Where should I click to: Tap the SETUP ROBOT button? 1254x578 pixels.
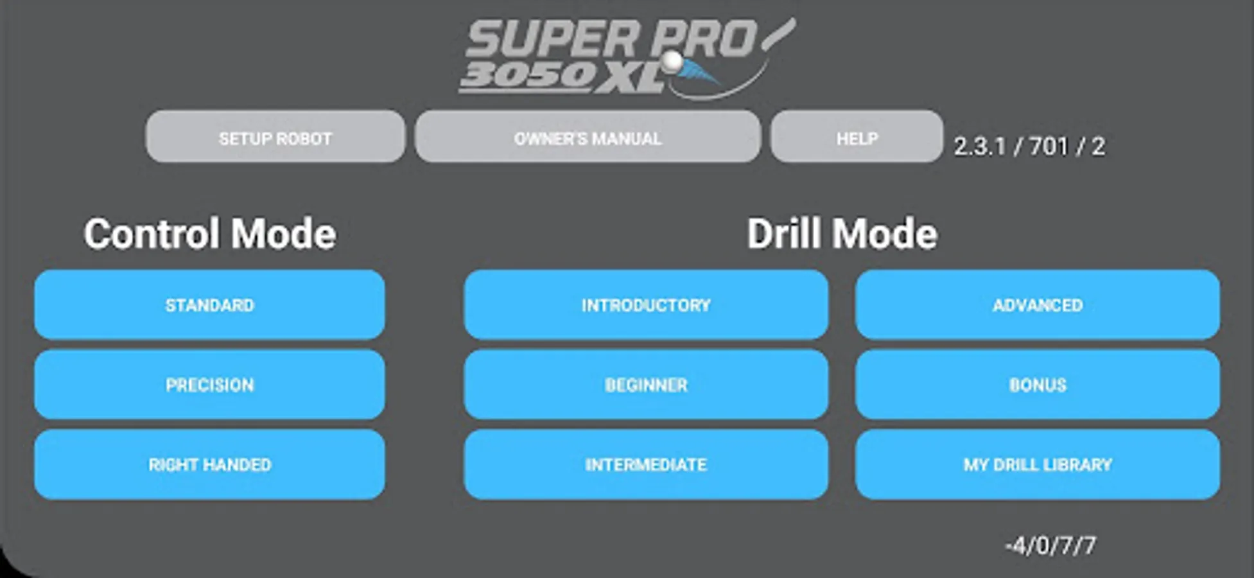[x=275, y=136]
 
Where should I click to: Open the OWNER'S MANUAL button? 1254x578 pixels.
[x=588, y=136]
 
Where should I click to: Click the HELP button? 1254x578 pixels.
[x=857, y=136]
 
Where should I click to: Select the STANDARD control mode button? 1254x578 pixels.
[x=210, y=304]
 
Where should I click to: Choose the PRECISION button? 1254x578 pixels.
[x=210, y=384]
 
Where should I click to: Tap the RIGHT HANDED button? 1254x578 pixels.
[x=210, y=464]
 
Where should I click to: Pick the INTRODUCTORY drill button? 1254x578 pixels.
[x=646, y=304]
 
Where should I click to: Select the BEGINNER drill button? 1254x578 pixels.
[x=646, y=384]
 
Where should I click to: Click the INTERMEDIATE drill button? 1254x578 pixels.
[x=646, y=464]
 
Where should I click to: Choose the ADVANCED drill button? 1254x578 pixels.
[x=1038, y=304]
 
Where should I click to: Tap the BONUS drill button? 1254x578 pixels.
[x=1038, y=384]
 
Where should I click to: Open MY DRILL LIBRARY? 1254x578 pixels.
[x=1038, y=464]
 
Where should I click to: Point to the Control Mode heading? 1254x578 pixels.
[x=210, y=233]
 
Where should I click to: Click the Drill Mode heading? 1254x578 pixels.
[x=842, y=233]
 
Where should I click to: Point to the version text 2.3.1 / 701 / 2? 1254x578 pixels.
[x=1029, y=146]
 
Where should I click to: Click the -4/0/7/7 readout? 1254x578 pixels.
[x=1050, y=546]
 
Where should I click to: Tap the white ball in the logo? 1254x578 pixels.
[x=672, y=61]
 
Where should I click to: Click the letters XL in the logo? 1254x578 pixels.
[x=630, y=79]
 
